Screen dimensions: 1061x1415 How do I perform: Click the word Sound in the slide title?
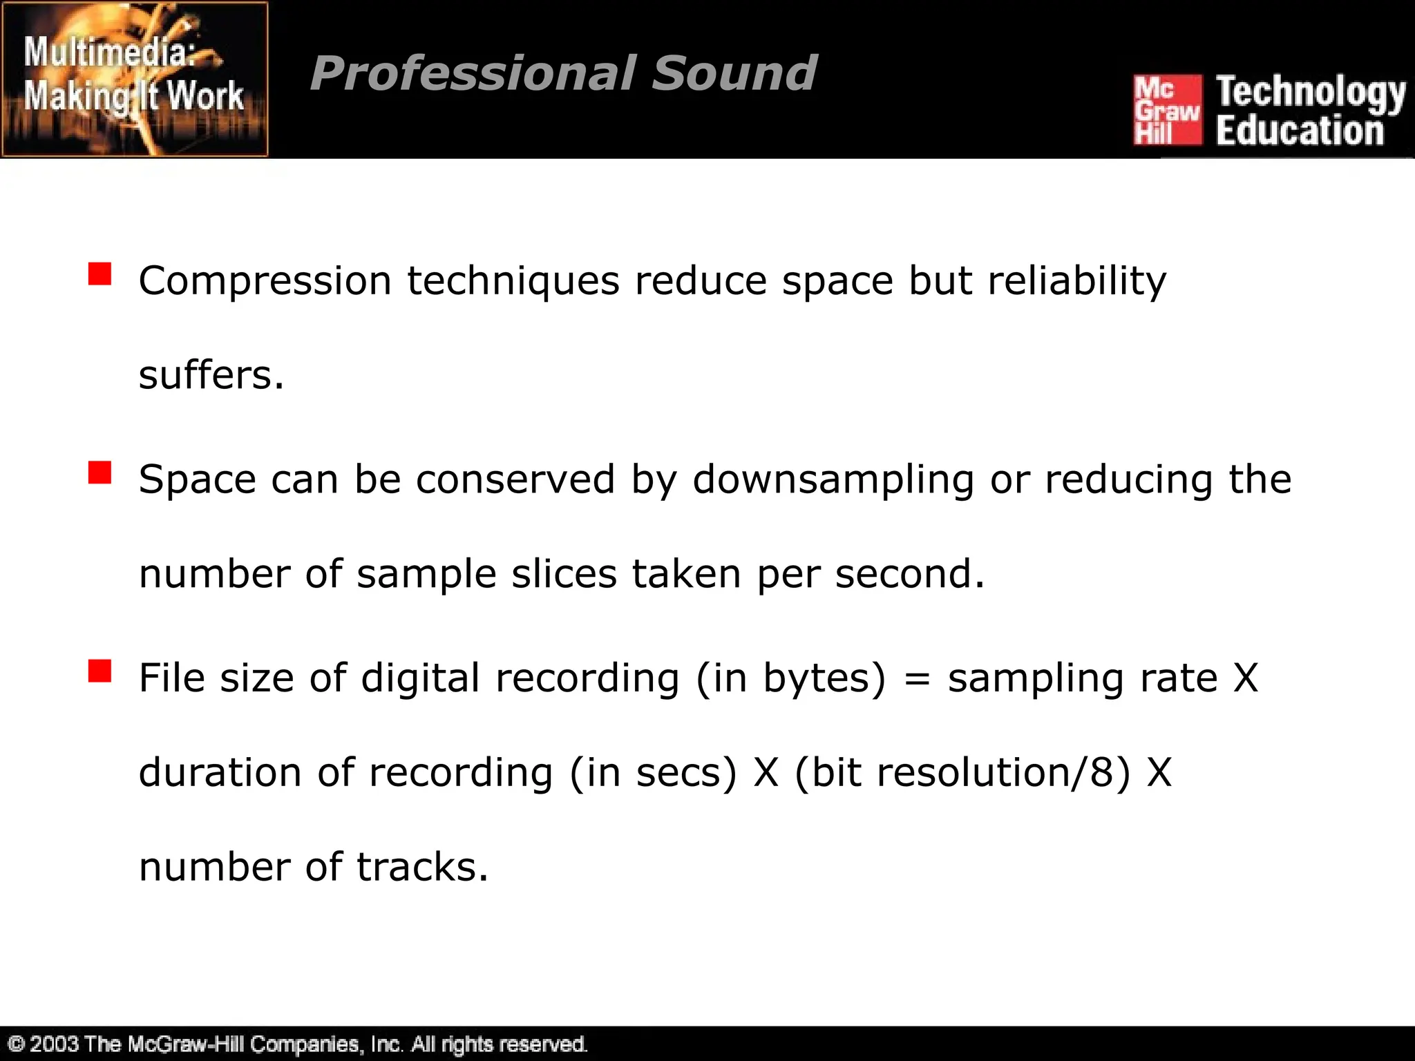(x=734, y=73)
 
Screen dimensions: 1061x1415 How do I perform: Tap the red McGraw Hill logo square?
(x=1167, y=111)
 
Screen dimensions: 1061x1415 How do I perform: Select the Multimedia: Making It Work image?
(x=135, y=79)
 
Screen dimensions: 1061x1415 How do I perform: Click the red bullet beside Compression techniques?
(x=99, y=274)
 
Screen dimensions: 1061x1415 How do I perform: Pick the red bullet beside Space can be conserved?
(x=99, y=473)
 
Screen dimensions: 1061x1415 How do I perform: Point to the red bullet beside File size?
(x=99, y=671)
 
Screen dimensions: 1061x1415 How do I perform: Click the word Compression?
(x=265, y=282)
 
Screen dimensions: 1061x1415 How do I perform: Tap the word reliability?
(x=1076, y=282)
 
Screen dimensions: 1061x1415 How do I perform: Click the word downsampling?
(x=833, y=479)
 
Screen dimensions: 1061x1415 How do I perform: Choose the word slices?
(x=564, y=574)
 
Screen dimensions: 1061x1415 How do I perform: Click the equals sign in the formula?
(x=917, y=679)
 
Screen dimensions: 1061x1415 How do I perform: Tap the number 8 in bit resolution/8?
(x=1102, y=772)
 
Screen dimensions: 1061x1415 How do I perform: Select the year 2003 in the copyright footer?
(x=53, y=1044)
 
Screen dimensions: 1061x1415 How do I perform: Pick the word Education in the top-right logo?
(x=1300, y=131)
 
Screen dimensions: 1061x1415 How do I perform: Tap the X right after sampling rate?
(x=1246, y=679)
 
